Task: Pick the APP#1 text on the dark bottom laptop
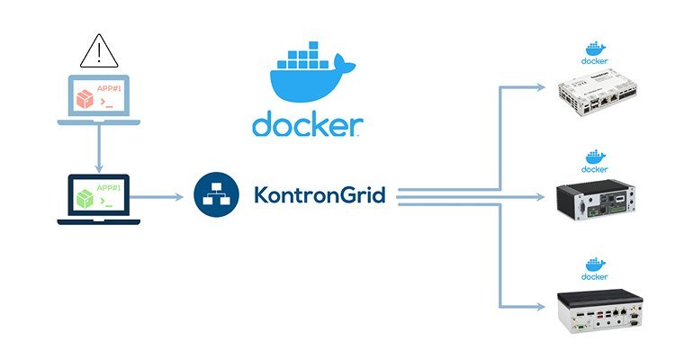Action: [109, 187]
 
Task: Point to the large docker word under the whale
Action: [306, 124]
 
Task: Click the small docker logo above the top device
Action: [594, 52]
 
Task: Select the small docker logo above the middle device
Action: [594, 159]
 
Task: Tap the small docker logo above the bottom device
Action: [594, 268]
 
